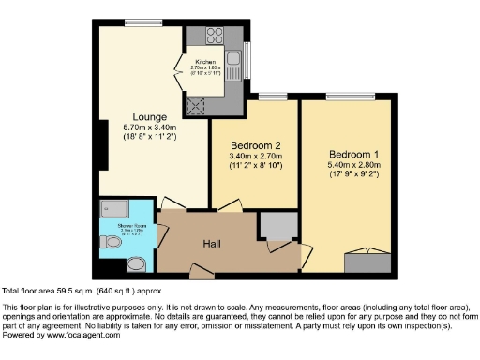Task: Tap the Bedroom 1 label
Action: tap(353, 154)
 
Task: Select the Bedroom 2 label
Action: tap(256, 146)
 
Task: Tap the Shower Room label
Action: tap(115, 224)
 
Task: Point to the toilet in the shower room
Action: tap(112, 242)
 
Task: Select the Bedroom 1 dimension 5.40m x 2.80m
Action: tap(353, 165)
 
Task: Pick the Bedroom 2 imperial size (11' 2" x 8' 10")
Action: tap(256, 166)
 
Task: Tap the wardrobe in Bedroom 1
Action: tap(364, 261)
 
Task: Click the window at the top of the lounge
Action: tap(142, 21)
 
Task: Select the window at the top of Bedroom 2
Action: tap(273, 96)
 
